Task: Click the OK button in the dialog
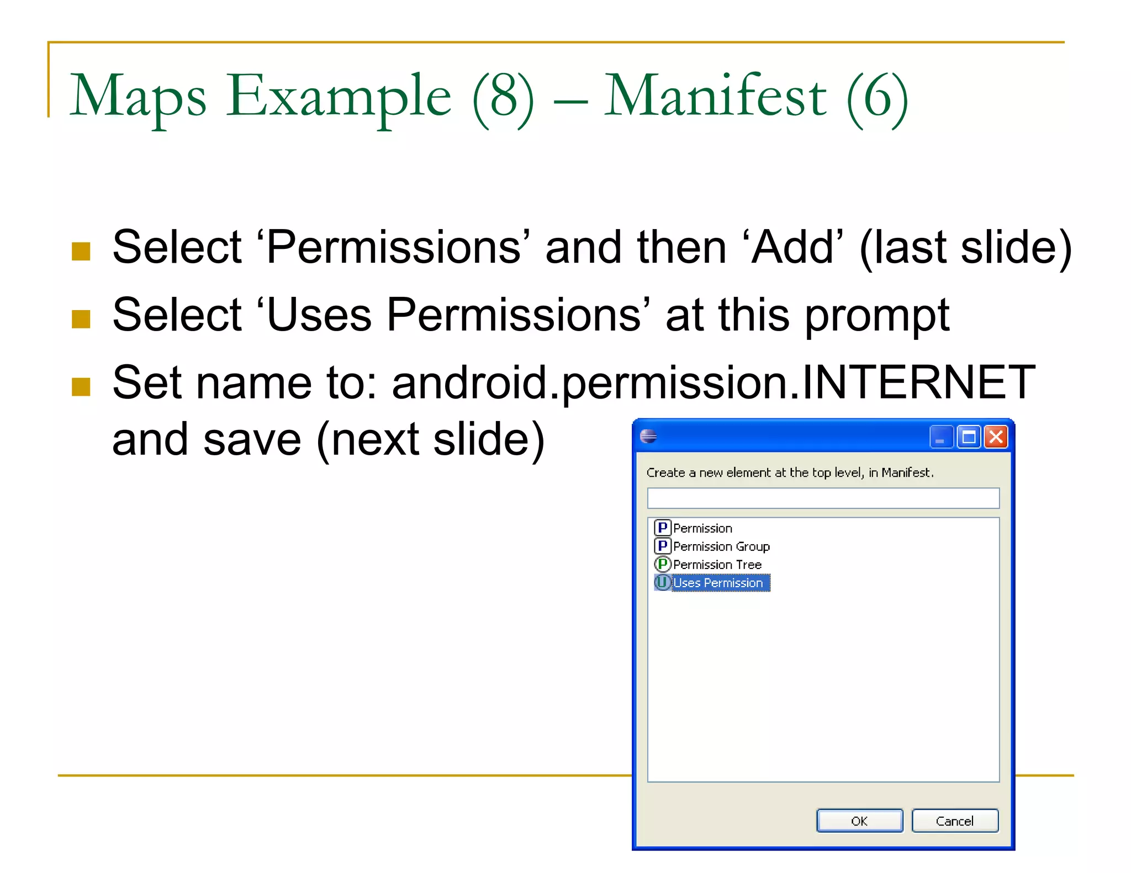point(859,821)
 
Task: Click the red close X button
point(996,437)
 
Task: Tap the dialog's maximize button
point(969,437)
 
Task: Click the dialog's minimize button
point(941,437)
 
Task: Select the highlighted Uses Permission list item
point(717,583)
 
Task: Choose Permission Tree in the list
point(717,565)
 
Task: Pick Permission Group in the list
point(721,546)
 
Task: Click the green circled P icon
point(662,565)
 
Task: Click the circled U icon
point(662,583)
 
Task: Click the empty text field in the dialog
point(823,498)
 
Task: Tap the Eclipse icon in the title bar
point(648,436)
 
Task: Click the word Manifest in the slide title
point(715,97)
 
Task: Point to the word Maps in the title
point(138,97)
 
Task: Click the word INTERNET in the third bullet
point(918,382)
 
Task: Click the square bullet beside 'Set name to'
point(81,386)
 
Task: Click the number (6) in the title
point(878,98)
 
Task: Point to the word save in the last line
point(252,440)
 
